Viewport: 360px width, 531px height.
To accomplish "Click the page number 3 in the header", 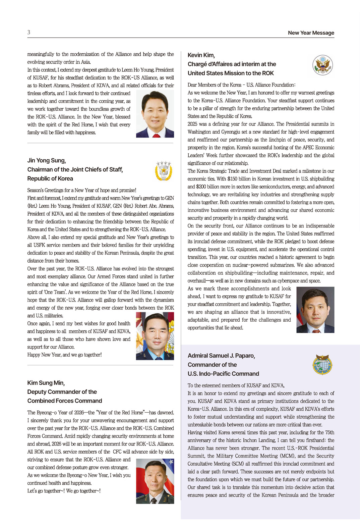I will coord(29,32).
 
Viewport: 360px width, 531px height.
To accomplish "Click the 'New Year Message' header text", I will coord(311,33).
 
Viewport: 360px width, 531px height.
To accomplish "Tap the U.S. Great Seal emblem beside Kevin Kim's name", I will coord(322,65).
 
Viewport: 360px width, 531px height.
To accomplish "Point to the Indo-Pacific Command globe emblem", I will coord(322,365).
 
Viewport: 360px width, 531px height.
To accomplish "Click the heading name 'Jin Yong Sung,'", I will coord(47,161).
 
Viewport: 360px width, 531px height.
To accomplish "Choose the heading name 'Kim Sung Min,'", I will coord(46,383).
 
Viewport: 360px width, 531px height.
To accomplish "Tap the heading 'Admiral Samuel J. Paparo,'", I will coord(221,356).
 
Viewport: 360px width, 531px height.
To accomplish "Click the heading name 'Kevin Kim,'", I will coord(201,55).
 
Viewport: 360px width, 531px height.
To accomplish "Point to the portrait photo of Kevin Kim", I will coord(315,310).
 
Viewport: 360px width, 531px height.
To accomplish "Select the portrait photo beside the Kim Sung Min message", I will coord(155,481).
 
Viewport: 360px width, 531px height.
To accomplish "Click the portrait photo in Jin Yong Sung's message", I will coord(155,336).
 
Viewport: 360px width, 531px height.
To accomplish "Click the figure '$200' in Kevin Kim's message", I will coord(201,187).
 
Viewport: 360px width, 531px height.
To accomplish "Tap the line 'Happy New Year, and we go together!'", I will coord(64,355).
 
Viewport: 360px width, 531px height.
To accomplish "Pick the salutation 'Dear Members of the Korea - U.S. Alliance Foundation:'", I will coord(241,85).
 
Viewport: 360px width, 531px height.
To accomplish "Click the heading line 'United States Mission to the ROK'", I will coord(231,73).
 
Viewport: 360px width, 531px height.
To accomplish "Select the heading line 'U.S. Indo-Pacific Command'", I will coord(223,374).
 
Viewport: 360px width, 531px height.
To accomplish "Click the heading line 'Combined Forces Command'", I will coord(65,401).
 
